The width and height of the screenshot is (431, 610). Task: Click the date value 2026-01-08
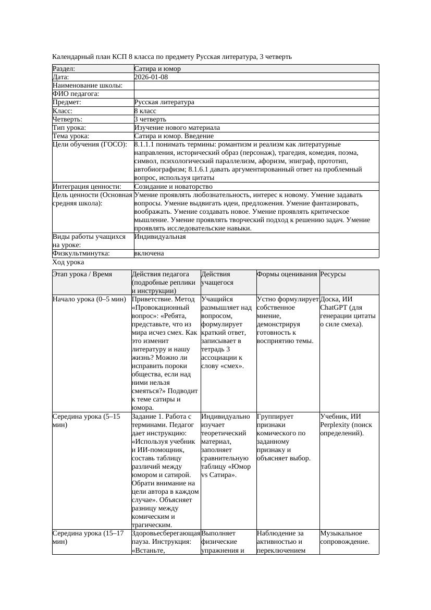point(151,77)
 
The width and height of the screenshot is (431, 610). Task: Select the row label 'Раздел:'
point(64,69)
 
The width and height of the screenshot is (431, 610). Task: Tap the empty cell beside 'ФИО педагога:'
point(256,94)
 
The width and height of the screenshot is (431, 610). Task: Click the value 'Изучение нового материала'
point(177,128)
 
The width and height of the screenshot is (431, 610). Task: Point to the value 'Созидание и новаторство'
point(173,186)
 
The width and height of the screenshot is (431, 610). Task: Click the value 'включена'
point(149,253)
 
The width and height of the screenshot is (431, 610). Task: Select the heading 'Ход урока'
point(68,263)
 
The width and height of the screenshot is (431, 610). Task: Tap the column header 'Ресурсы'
point(333,274)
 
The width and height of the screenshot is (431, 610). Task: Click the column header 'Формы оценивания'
point(287,274)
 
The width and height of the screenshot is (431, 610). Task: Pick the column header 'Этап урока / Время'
point(82,274)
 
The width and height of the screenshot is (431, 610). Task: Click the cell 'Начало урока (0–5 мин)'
point(89,299)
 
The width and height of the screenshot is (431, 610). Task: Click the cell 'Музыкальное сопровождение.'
point(344,538)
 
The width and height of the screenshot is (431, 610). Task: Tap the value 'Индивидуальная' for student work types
point(160,237)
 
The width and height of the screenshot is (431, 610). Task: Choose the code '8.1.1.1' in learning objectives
point(145,144)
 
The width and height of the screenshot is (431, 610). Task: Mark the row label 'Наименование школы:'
point(88,86)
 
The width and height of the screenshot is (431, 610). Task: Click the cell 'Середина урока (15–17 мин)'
point(86,538)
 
